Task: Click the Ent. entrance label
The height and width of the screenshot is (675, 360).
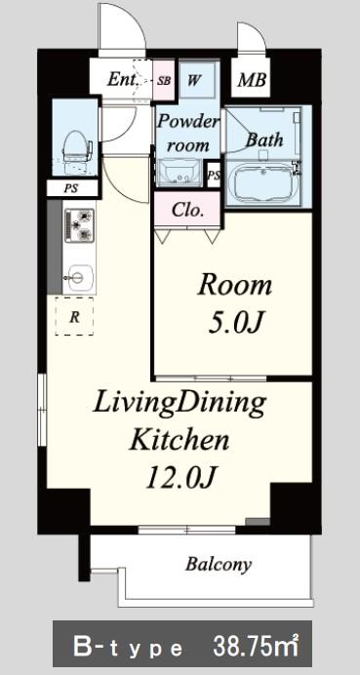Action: point(124,79)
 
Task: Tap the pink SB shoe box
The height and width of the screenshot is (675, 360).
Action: point(164,81)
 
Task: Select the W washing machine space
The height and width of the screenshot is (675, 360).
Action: point(196,80)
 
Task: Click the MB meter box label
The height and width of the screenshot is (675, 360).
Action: point(252,80)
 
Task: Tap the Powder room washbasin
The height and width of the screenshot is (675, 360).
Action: point(180,173)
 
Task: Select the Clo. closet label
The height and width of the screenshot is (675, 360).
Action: point(187,210)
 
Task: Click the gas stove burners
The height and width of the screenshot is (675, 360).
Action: point(79,225)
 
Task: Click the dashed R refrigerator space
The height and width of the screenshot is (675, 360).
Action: point(74,316)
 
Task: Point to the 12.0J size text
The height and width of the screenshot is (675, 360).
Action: point(180,477)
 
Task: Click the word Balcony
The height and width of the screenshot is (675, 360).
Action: point(219,565)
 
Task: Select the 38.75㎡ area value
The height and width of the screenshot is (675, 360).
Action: point(257,646)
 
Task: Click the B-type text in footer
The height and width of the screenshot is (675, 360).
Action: point(128,648)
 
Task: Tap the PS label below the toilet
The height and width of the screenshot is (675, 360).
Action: point(71,189)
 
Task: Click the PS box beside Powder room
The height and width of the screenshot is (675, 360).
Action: point(214,175)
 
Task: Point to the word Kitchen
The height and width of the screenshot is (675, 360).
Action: point(180,440)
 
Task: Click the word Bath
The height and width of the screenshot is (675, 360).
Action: point(264,139)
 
